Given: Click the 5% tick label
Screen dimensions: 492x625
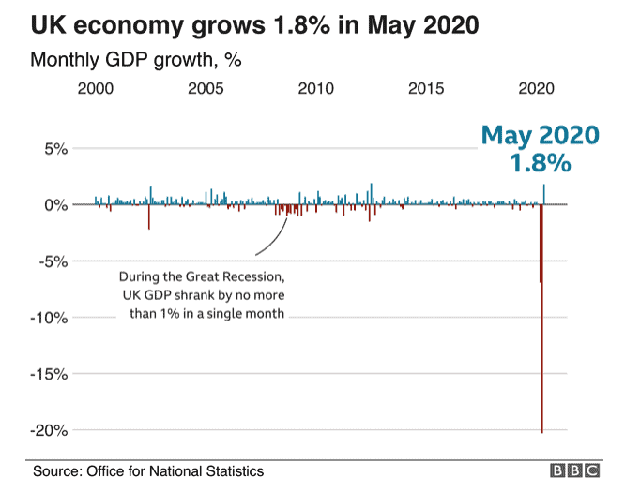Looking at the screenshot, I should click(53, 149).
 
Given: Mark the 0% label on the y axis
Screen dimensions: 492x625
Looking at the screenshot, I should click(53, 204).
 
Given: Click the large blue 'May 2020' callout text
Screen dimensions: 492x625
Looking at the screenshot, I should click(540, 135).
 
